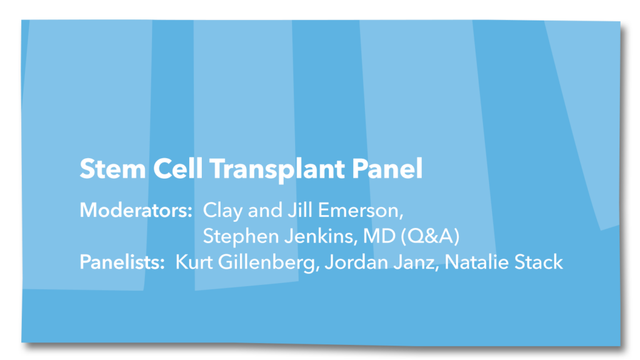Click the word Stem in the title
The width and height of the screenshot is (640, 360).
pyautogui.click(x=112, y=169)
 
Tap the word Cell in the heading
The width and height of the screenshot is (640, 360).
pyautogui.click(x=178, y=169)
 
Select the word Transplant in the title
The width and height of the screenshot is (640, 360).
pyautogui.click(x=277, y=169)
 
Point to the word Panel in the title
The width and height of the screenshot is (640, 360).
pyautogui.click(x=387, y=169)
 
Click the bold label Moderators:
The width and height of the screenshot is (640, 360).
pyautogui.click(x=136, y=210)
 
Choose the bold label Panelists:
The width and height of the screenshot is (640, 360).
pyautogui.click(x=122, y=262)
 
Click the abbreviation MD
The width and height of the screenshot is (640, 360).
pyautogui.click(x=379, y=236)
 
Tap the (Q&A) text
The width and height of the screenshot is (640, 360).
pyautogui.click(x=430, y=236)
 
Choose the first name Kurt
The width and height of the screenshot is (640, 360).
pyautogui.click(x=194, y=262)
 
